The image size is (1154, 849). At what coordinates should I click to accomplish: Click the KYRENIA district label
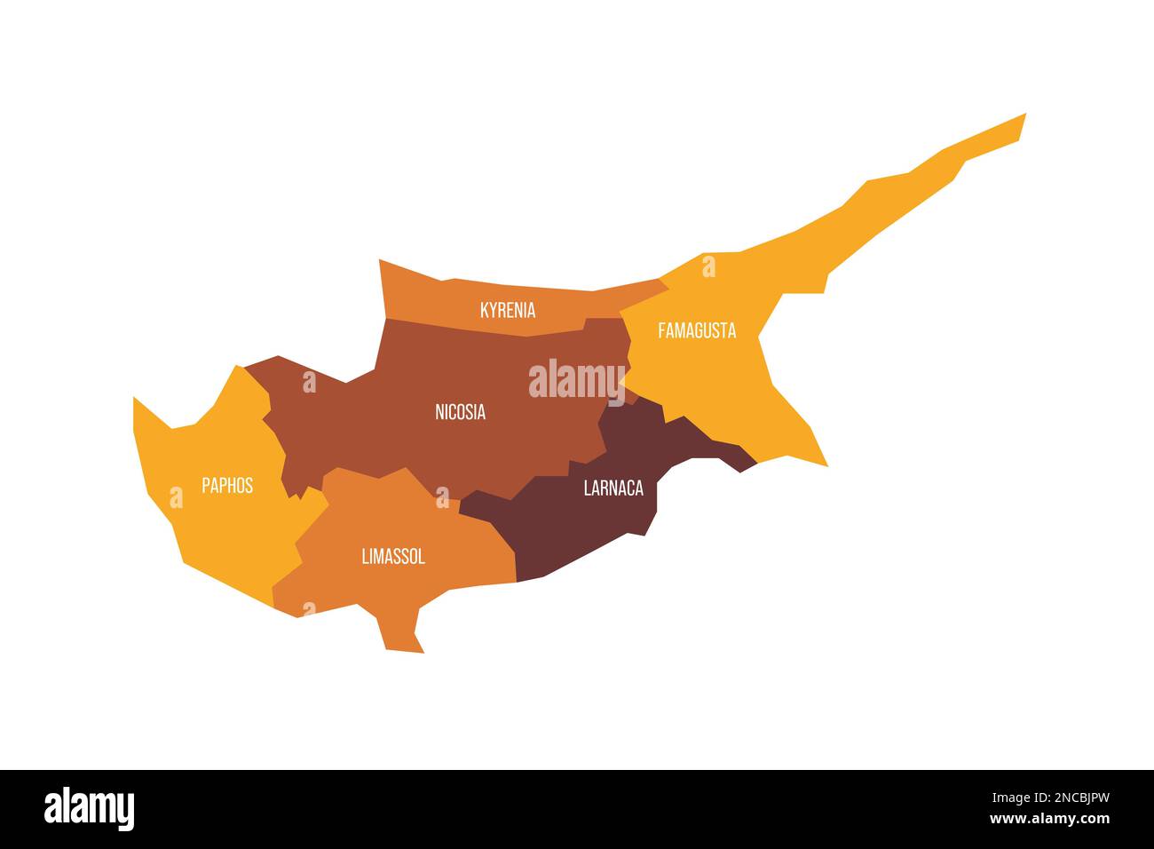pyautogui.click(x=507, y=310)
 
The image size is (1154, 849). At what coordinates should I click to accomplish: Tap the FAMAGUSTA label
pyautogui.click(x=697, y=330)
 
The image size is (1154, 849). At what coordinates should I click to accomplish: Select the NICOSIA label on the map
pyautogui.click(x=460, y=412)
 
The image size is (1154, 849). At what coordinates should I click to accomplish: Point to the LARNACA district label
pyautogui.click(x=613, y=488)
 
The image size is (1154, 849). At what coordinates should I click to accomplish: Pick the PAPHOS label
pyautogui.click(x=227, y=485)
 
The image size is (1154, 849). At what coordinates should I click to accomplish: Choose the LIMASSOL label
pyautogui.click(x=393, y=557)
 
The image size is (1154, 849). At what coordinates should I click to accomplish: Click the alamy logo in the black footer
pyautogui.click(x=89, y=809)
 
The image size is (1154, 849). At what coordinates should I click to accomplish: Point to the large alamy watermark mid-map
pyautogui.click(x=577, y=380)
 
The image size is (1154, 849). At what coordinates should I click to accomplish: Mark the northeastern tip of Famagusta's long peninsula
pyautogui.click(x=1024, y=115)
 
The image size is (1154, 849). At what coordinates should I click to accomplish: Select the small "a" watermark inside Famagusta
pyautogui.click(x=708, y=266)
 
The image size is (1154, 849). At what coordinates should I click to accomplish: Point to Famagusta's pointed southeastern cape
pyautogui.click(x=826, y=464)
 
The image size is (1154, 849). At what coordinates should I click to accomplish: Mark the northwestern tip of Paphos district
pyautogui.click(x=135, y=399)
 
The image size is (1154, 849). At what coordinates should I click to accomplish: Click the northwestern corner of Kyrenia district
pyautogui.click(x=380, y=261)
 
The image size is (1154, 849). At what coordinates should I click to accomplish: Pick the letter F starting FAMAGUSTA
pyautogui.click(x=662, y=330)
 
